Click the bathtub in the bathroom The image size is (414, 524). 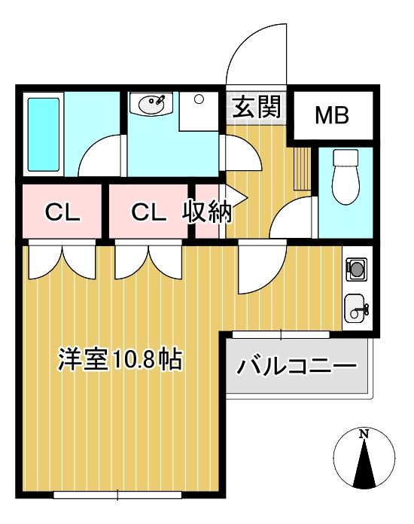tap(44, 134)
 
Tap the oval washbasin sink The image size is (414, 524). tap(152, 105)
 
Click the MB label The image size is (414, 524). tap(332, 115)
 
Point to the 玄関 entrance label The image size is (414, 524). tap(257, 107)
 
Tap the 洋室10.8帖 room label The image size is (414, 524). tap(120, 360)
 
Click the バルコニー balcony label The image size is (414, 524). tap(297, 367)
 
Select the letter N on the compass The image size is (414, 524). tap(364, 434)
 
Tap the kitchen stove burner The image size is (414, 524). tap(356, 269)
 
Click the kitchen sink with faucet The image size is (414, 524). tap(356, 308)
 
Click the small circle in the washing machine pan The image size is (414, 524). tap(199, 99)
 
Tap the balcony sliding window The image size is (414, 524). tap(281, 334)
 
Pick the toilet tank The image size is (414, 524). tap(346, 157)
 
